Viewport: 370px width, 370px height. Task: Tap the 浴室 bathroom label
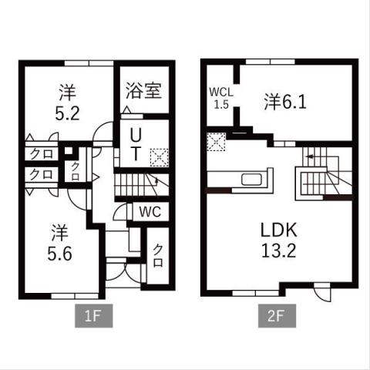pyautogui.click(x=143, y=90)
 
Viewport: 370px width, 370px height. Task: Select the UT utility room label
pyautogui.click(x=134, y=145)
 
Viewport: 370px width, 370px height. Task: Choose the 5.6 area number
pyautogui.click(x=62, y=253)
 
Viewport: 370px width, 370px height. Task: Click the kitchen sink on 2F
pyautogui.click(x=253, y=181)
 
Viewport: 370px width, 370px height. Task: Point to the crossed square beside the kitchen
pyautogui.click(x=216, y=141)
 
